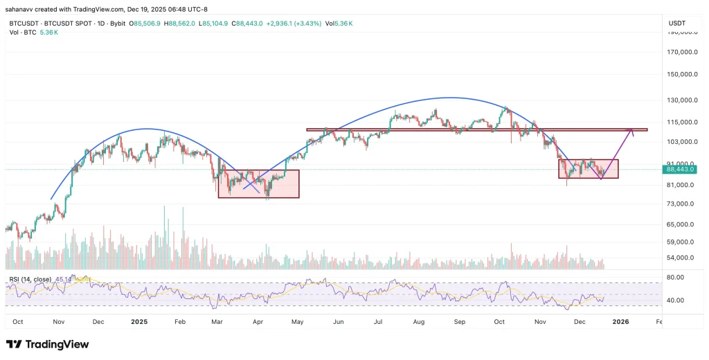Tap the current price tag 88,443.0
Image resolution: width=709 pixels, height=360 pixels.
click(x=679, y=169)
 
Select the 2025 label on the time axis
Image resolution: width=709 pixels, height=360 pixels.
click(x=139, y=322)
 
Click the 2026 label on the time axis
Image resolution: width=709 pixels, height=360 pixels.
click(x=620, y=322)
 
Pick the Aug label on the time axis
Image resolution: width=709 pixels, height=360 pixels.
click(x=418, y=322)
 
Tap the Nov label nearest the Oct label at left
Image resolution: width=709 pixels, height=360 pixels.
click(x=58, y=322)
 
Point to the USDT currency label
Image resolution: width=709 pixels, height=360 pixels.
click(x=676, y=24)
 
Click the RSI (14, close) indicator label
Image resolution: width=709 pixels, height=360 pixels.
click(x=30, y=280)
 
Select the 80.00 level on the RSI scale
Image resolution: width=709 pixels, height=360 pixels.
click(x=674, y=277)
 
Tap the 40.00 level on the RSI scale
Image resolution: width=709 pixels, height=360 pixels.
click(x=674, y=300)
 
